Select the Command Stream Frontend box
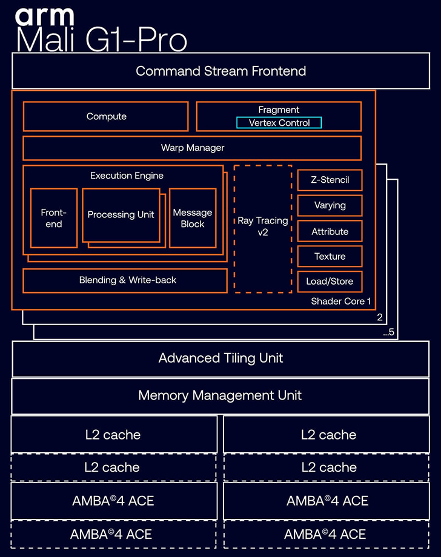point(220,71)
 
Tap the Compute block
point(106,116)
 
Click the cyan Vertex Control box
point(279,123)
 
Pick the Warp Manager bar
point(192,148)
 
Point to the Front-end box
point(53,218)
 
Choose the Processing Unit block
point(121,214)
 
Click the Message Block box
point(192,218)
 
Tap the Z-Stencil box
point(330,180)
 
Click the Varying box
point(330,205)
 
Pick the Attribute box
point(330,231)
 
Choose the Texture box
point(330,256)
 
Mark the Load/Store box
point(330,282)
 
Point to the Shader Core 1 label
point(340,301)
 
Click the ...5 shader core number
point(389,332)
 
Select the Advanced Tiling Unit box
point(220,358)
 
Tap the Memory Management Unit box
point(220,395)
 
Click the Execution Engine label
point(127,176)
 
